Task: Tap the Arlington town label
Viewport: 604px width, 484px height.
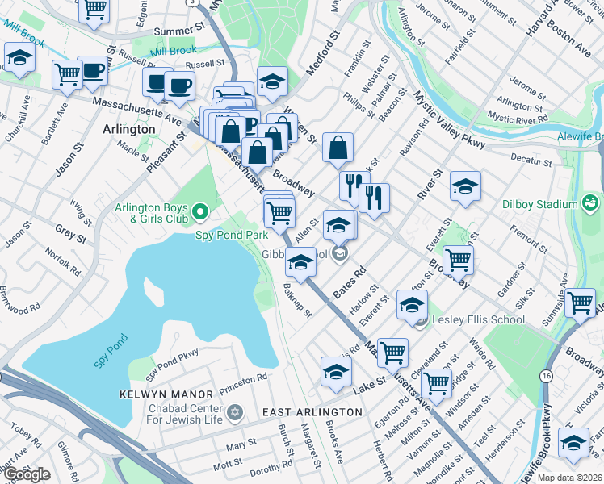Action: tap(129, 129)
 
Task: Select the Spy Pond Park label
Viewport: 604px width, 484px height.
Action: tap(232, 235)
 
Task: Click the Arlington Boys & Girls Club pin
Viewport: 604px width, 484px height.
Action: tap(201, 213)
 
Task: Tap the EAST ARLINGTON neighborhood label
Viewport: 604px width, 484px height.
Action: tap(312, 412)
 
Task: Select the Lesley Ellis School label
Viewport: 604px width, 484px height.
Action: tap(478, 319)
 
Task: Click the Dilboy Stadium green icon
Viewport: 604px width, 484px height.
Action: tap(591, 201)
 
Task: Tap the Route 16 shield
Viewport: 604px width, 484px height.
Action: tap(547, 377)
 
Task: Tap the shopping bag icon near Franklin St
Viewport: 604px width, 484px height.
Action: tap(338, 148)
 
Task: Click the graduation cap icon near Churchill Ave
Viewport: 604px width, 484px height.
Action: tap(19, 57)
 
